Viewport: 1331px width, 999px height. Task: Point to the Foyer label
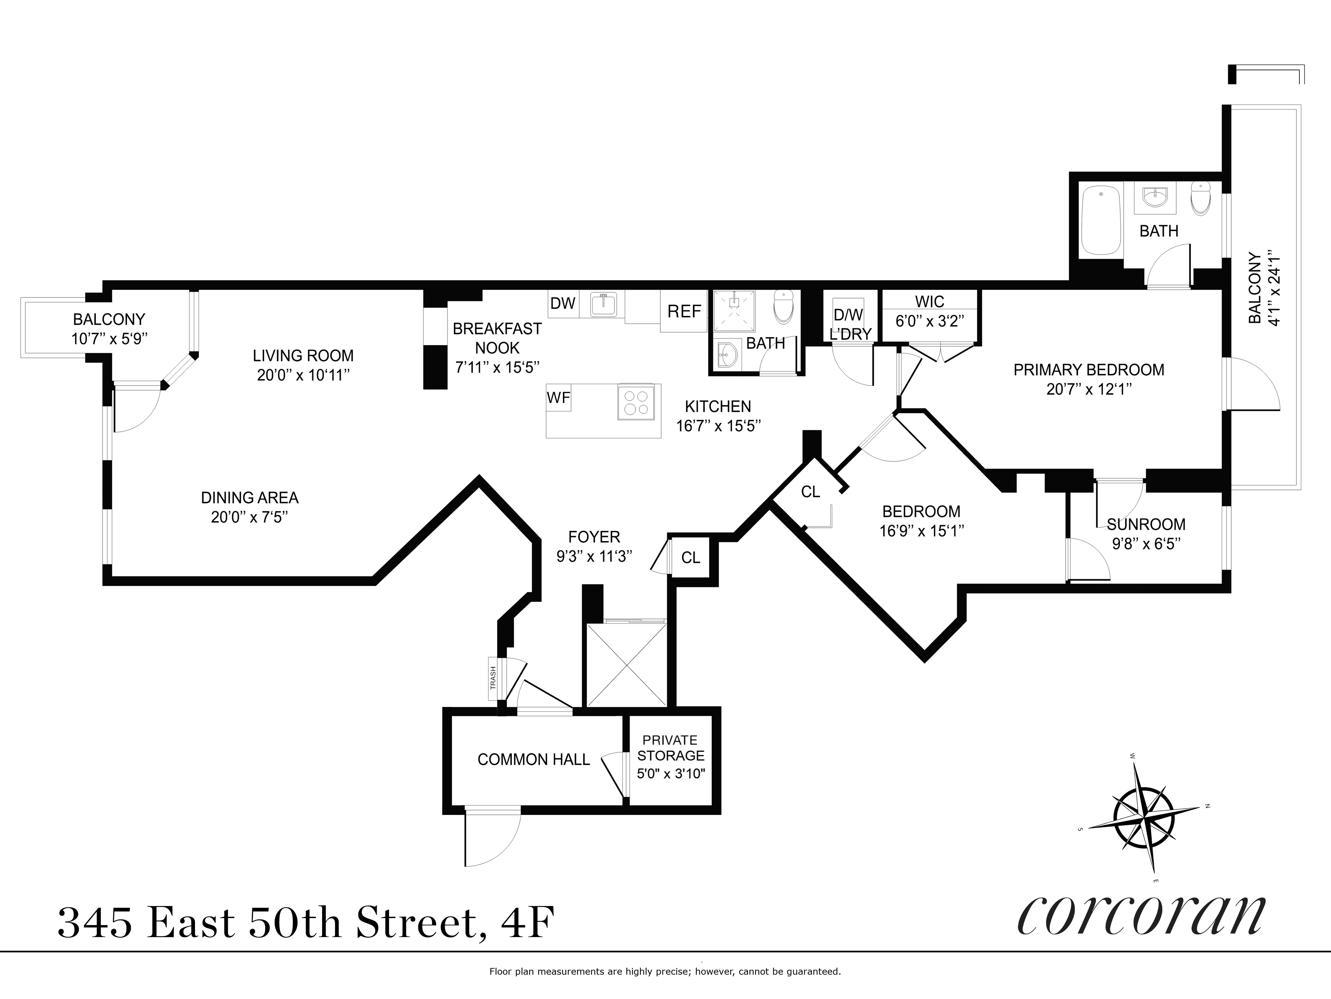594,536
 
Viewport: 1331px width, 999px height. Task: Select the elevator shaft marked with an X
626,665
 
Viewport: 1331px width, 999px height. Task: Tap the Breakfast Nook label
497,338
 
